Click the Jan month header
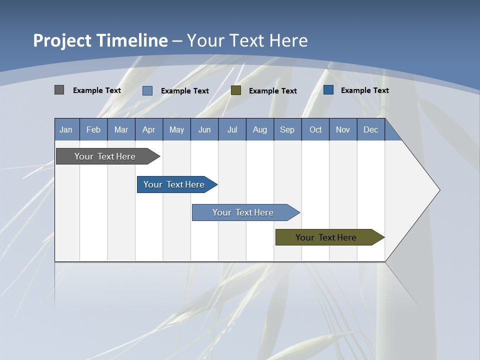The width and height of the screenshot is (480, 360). pos(66,129)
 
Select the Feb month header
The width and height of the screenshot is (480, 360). pos(93,129)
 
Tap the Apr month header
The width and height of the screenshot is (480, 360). pos(149,129)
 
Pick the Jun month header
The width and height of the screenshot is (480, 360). pos(204,129)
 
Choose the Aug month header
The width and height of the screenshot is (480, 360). pos(260,129)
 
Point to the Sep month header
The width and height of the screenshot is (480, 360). pos(287,129)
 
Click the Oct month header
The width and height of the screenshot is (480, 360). pos(315,129)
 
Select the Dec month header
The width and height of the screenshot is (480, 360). pos(371,129)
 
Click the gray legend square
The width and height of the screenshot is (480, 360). pos(59,90)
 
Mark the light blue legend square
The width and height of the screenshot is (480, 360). pos(147,90)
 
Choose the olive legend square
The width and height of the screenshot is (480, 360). pos(236,90)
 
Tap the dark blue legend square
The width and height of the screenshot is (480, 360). pos(328,90)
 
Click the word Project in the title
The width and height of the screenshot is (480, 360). pos(62,40)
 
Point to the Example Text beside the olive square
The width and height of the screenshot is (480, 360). pos(272,90)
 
